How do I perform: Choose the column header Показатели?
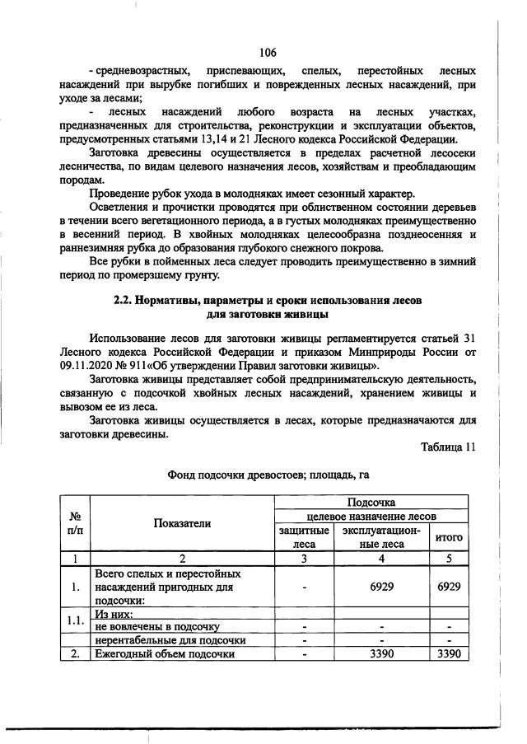click(x=181, y=523)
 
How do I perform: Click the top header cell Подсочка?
click(x=371, y=501)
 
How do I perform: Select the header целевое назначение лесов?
click(x=371, y=516)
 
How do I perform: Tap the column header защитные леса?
click(x=304, y=537)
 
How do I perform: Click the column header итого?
click(x=448, y=537)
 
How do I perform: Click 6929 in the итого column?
click(x=448, y=587)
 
